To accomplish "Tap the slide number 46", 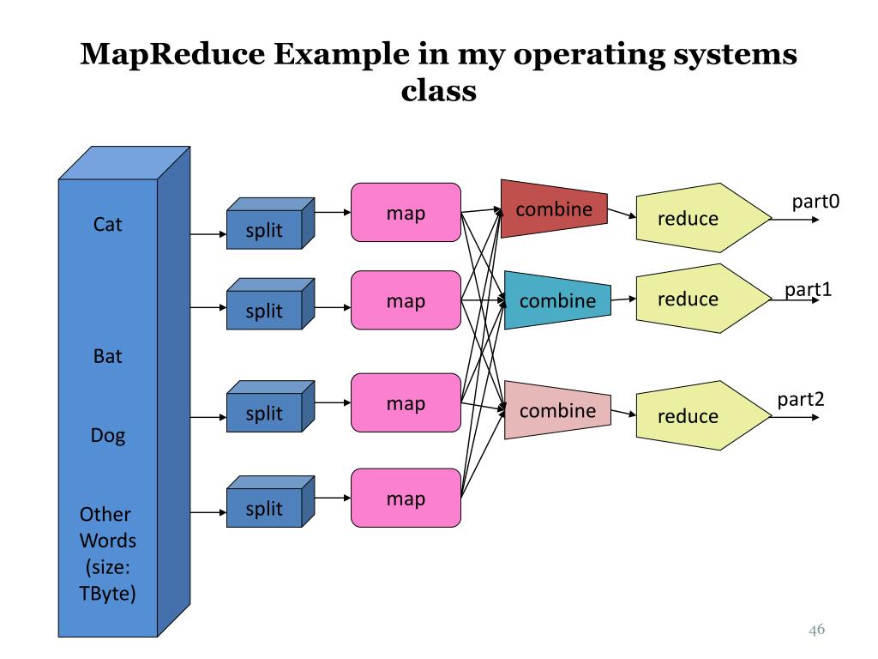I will [816, 631].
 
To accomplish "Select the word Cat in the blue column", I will [108, 225].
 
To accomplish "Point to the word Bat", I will [108, 355].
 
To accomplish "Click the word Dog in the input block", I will [108, 436].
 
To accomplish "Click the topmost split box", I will [264, 230].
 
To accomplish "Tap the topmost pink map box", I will [406, 212].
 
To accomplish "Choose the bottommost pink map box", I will [406, 499].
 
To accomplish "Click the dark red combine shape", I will [553, 209].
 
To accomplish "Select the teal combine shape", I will [557, 300].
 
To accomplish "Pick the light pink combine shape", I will [557, 410].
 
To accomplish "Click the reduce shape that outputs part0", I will [695, 218].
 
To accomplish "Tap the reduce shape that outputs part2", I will [695, 415].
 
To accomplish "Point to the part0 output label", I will [815, 202].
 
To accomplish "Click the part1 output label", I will [809, 289].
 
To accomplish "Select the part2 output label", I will [801, 400].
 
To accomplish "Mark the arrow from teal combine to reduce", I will [623, 300].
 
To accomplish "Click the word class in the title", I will [438, 90].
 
